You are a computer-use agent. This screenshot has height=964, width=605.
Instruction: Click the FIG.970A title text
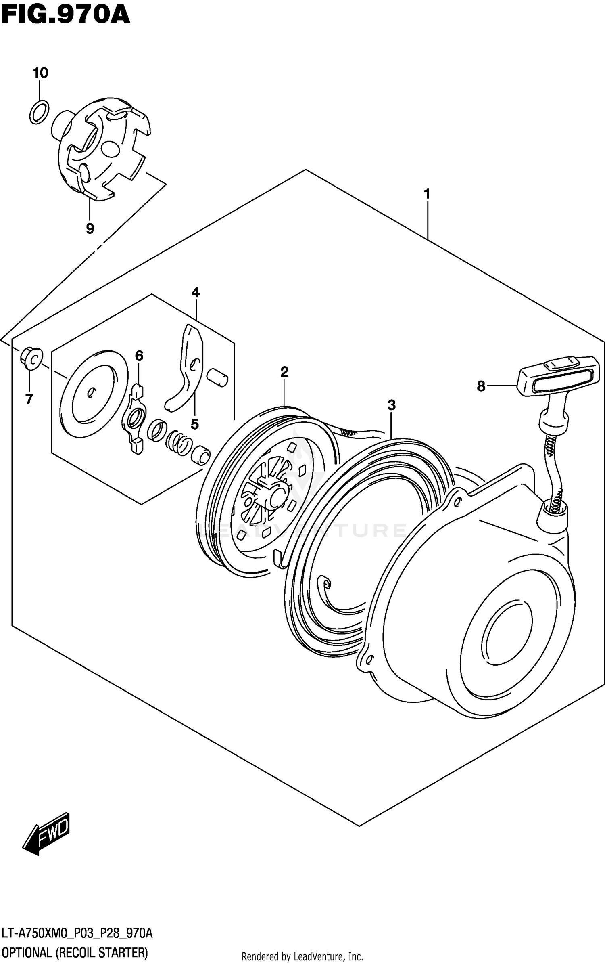pyautogui.click(x=65, y=15)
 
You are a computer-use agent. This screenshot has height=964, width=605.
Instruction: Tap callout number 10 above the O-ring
pyautogui.click(x=40, y=73)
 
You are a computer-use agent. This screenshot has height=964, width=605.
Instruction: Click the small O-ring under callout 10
pyautogui.click(x=39, y=112)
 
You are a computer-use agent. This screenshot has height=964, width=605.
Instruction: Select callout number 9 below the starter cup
pyautogui.click(x=90, y=228)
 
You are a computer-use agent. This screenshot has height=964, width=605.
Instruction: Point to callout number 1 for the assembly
pyautogui.click(x=427, y=194)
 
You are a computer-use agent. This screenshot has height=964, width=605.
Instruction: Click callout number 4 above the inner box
pyautogui.click(x=196, y=292)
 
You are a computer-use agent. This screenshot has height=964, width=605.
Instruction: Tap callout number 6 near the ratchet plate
pyautogui.click(x=139, y=356)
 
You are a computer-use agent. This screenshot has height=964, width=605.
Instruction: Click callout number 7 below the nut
pyautogui.click(x=29, y=399)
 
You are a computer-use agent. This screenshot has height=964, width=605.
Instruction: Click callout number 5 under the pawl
pyautogui.click(x=194, y=424)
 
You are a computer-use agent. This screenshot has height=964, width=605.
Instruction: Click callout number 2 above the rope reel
pyautogui.click(x=284, y=372)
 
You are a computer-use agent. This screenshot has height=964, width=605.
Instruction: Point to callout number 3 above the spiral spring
pyautogui.click(x=391, y=405)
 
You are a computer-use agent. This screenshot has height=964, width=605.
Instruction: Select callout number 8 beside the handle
pyautogui.click(x=481, y=386)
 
